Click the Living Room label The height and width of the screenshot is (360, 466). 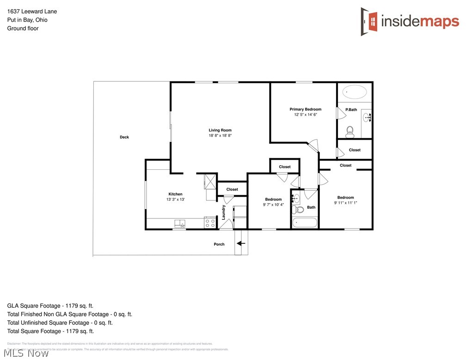tap(220, 130)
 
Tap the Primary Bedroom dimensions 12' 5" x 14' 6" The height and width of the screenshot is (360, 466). tap(305, 115)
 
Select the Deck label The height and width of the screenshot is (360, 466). tap(124, 137)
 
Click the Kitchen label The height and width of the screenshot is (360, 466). tap(175, 194)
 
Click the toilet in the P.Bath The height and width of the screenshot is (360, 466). tap(350, 131)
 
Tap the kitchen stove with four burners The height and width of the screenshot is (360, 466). tap(210, 223)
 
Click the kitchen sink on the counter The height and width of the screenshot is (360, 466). tap(180, 224)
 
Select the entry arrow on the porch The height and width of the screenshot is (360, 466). tap(241, 244)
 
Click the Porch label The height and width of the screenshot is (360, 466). tap(219, 244)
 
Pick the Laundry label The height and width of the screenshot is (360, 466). tap(224, 212)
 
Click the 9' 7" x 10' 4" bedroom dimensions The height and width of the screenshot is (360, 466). tap(273, 205)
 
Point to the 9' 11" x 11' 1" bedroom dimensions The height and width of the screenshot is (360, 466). tap(345, 203)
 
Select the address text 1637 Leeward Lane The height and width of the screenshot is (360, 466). tap(32, 11)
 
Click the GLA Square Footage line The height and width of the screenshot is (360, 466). tap(50, 306)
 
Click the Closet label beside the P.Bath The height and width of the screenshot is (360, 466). tap(355, 150)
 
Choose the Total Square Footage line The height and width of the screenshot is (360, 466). tap(50, 331)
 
